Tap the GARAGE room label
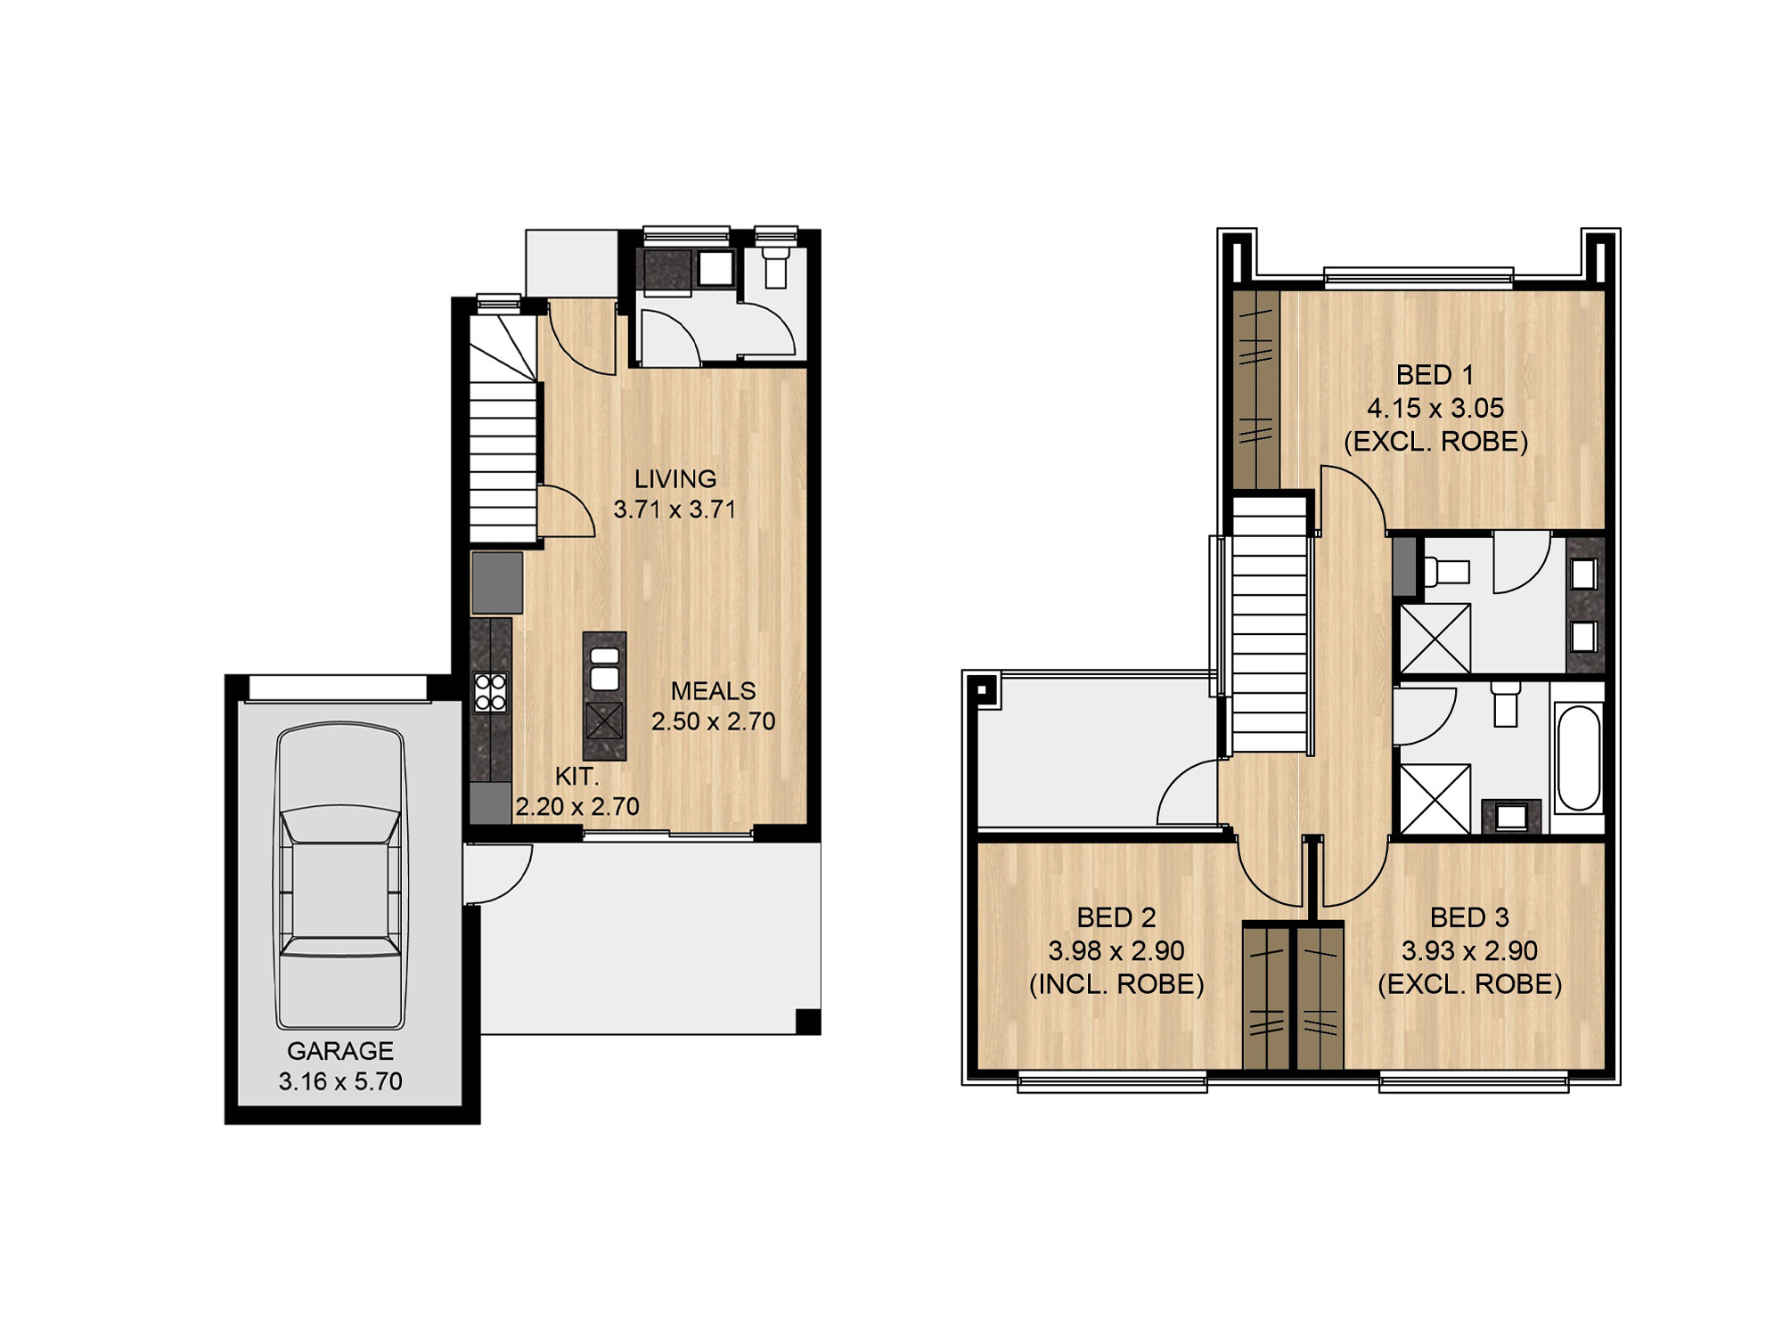[340, 1051]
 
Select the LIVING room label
[675, 479]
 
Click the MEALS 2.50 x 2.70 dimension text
[713, 721]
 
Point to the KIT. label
[576, 777]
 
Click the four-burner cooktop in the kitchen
[490, 692]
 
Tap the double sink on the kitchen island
[604, 669]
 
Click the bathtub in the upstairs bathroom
[1578, 758]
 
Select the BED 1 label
[1435, 375]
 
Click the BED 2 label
[1116, 917]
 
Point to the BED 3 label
[1470, 917]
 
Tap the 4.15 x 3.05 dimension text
[1435, 408]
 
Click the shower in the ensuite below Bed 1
[1435, 639]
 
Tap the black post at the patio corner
[808, 1022]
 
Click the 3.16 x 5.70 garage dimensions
[340, 1081]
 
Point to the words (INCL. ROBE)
[1116, 984]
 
